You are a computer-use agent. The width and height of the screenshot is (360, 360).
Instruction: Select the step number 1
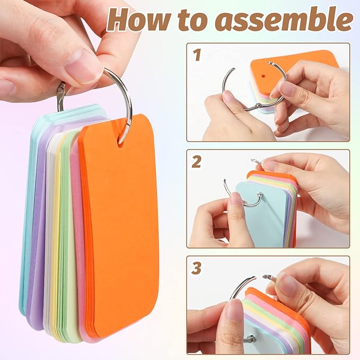point(197,55)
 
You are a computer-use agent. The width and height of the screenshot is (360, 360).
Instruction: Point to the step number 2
point(197,161)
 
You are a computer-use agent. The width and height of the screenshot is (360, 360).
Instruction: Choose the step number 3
point(197,268)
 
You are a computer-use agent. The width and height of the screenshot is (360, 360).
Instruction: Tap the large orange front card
point(114,228)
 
